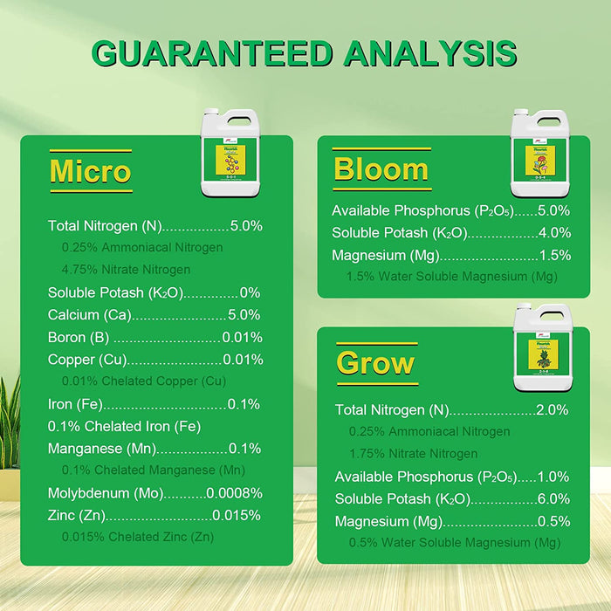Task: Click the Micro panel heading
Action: [91, 170]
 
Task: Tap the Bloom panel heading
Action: [381, 168]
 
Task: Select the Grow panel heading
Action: [376, 362]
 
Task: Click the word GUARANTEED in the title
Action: [211, 52]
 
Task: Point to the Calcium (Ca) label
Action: [80, 314]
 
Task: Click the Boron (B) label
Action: [79, 337]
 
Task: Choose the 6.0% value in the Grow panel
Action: [553, 499]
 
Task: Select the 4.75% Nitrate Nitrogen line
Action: [126, 269]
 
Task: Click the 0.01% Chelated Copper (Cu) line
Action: [143, 381]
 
